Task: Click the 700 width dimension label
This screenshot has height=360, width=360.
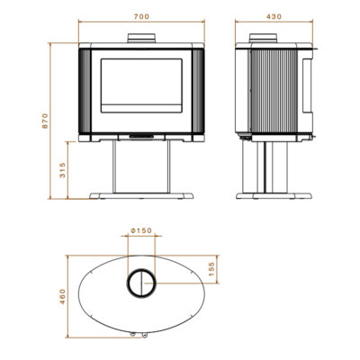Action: (141, 17)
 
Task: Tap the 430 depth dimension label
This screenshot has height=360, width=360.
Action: (274, 17)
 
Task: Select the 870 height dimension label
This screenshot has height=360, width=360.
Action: (45, 121)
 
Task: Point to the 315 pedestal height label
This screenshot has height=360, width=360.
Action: (62, 170)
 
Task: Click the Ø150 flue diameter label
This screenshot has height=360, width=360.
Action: (141, 230)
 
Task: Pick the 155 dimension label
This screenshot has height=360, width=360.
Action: (211, 269)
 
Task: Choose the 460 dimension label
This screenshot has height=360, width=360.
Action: (62, 296)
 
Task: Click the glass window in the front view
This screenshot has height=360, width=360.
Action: (141, 85)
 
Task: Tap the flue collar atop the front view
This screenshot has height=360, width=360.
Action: (141, 38)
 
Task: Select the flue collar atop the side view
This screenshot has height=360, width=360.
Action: (264, 38)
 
